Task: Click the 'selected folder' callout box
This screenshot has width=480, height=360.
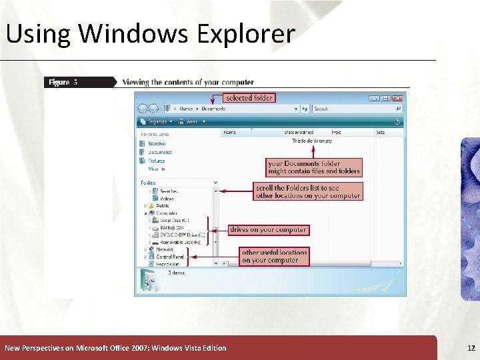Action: [249, 97]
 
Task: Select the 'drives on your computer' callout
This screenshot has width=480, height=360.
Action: [268, 230]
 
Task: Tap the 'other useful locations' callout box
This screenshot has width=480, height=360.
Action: [274, 256]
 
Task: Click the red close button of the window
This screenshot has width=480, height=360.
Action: [399, 98]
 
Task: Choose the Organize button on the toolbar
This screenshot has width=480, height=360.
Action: [159, 122]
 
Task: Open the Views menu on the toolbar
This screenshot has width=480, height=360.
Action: [194, 122]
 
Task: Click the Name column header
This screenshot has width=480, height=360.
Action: [230, 133]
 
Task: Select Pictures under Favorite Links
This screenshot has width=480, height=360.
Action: [157, 161]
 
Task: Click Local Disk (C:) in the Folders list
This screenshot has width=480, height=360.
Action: [174, 220]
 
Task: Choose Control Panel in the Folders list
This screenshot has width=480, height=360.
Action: [170, 257]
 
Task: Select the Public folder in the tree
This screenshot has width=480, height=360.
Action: [163, 206]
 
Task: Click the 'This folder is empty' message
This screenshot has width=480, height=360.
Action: [312, 141]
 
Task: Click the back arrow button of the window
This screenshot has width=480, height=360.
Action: [142, 109]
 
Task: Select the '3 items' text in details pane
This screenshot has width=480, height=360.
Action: [177, 273]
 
